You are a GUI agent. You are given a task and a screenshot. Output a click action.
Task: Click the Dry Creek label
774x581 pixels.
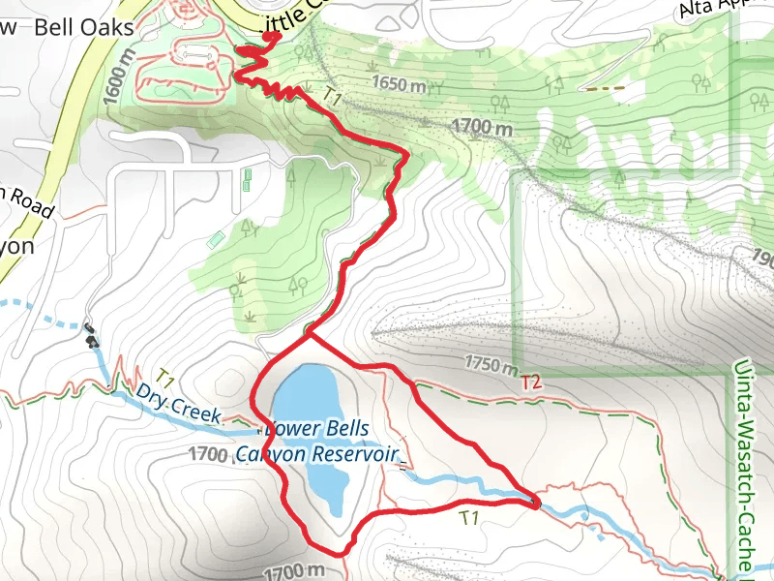pyautogui.click(x=179, y=405)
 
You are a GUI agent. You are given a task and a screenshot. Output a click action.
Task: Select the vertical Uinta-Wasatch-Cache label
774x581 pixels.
pyautogui.click(x=743, y=465)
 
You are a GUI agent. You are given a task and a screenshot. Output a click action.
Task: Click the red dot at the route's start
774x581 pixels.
pyautogui.click(x=271, y=36)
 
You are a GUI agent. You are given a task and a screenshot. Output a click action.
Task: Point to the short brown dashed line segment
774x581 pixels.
pyautogui.click(x=606, y=87)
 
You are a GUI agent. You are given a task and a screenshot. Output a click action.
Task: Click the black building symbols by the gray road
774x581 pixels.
pyautogui.click(x=91, y=336)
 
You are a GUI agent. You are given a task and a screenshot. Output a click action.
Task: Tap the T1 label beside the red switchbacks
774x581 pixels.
pyautogui.click(x=333, y=98)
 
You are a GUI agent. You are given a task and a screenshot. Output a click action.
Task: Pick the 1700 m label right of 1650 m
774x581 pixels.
pyautogui.click(x=481, y=126)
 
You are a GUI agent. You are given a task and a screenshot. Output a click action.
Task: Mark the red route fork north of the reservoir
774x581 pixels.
pyautogui.click(x=308, y=337)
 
